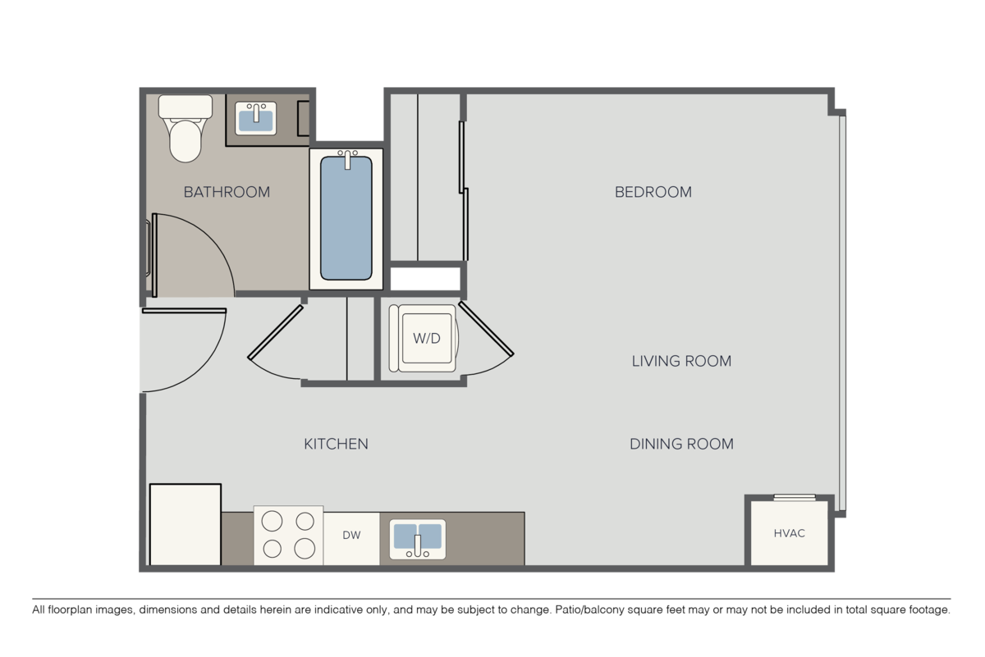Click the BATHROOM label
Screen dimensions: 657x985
pyautogui.click(x=227, y=192)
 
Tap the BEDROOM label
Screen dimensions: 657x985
pyautogui.click(x=653, y=192)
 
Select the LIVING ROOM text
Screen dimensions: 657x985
pyautogui.click(x=681, y=361)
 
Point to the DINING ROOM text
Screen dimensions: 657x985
pyautogui.click(x=681, y=444)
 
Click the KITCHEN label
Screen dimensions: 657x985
pyautogui.click(x=336, y=444)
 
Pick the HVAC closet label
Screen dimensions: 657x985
pyautogui.click(x=789, y=533)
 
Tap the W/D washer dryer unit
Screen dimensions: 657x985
pyautogui.click(x=421, y=337)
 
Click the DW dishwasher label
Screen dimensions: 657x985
pyautogui.click(x=351, y=536)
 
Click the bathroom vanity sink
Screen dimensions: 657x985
pyautogui.click(x=256, y=118)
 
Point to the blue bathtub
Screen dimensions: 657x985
pyautogui.click(x=346, y=217)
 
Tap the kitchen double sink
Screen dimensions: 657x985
pyautogui.click(x=417, y=538)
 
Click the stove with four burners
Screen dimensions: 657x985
pyautogui.click(x=288, y=535)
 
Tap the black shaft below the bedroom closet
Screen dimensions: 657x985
pyautogui.click(x=425, y=279)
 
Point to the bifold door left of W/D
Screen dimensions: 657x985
pyautogui.click(x=277, y=341)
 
